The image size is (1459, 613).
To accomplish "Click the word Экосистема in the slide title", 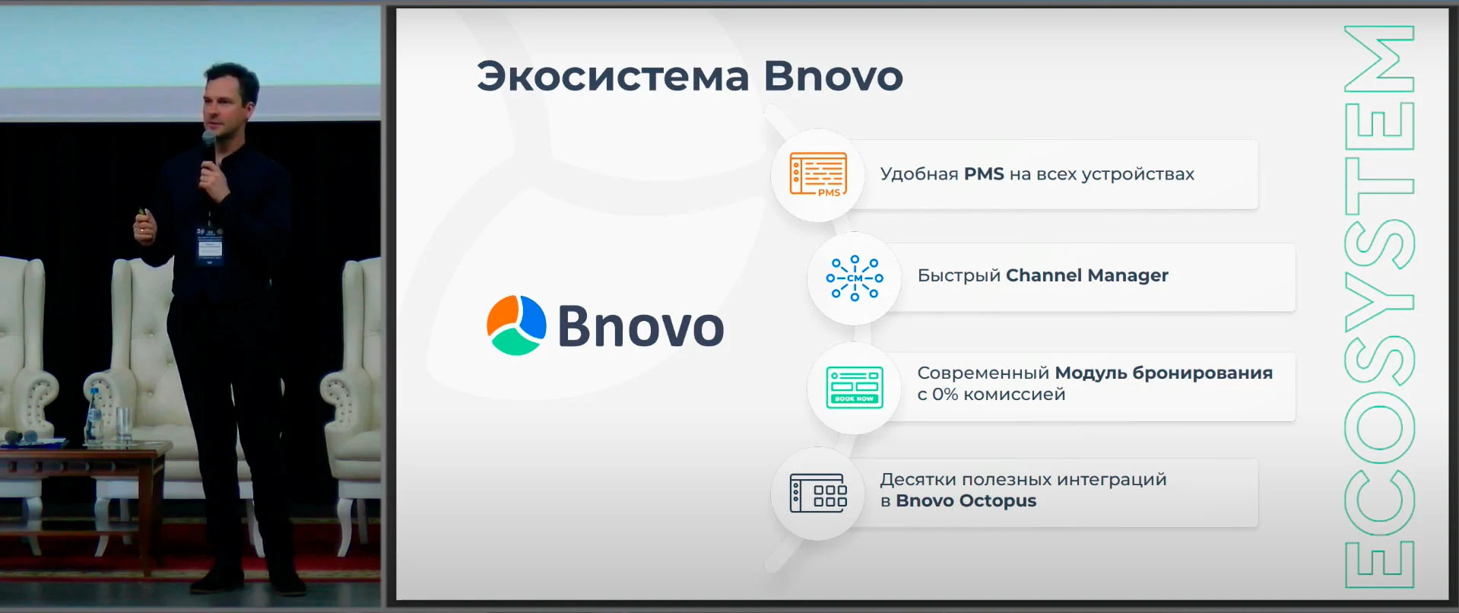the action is [613, 77].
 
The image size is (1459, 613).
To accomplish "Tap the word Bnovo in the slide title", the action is [833, 77].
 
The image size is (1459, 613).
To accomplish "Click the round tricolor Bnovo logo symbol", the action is [516, 326].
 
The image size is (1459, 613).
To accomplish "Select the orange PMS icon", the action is [818, 175].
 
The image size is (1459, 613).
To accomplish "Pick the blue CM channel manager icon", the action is [855, 278].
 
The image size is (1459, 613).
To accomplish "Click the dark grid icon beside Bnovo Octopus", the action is [818, 493].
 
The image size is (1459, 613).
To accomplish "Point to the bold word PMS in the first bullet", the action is [984, 174].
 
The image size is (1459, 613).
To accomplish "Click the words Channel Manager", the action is [1087, 275].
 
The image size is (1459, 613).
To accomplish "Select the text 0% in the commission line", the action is [945, 395].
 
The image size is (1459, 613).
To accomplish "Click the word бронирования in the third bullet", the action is [1203, 373].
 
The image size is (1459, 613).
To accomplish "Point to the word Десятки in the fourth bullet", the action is [918, 480].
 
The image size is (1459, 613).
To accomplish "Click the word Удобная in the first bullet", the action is [919, 174].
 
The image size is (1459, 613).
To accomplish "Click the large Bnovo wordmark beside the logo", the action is [641, 326].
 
